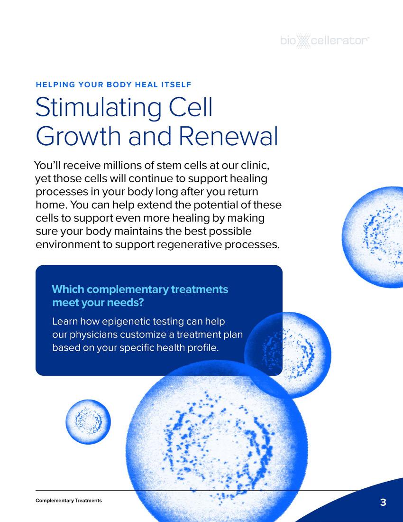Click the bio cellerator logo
point(325,42)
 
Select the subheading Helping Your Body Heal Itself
point(113,85)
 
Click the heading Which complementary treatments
point(139,289)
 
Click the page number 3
point(383,503)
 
